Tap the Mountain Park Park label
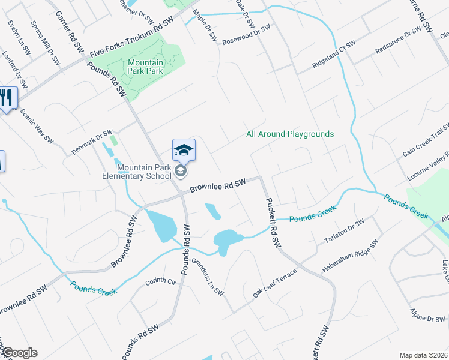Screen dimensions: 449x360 tap(145, 67)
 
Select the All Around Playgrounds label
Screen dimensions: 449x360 tap(290, 134)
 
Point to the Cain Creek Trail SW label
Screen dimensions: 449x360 tap(426, 140)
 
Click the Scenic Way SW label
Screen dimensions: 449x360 tap(37, 127)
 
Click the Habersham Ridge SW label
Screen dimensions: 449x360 tap(350, 256)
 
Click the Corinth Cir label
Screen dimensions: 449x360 tap(160, 281)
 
